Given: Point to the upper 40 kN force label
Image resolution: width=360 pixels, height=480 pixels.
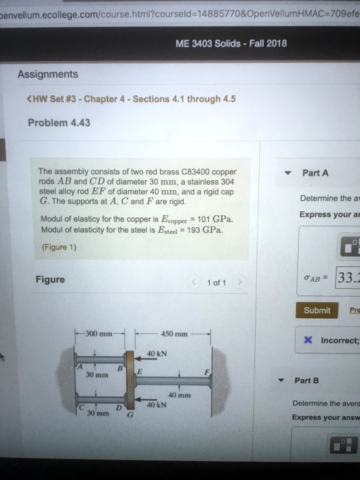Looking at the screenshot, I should pos(156,353).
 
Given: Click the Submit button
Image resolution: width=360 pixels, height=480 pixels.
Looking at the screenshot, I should pos(317,310).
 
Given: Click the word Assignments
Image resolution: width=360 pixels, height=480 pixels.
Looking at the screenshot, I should pos(47,74).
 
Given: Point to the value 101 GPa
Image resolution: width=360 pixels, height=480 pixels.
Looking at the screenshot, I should pos(215,219).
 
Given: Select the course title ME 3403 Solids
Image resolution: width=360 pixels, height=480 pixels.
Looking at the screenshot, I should pos(216,43).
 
